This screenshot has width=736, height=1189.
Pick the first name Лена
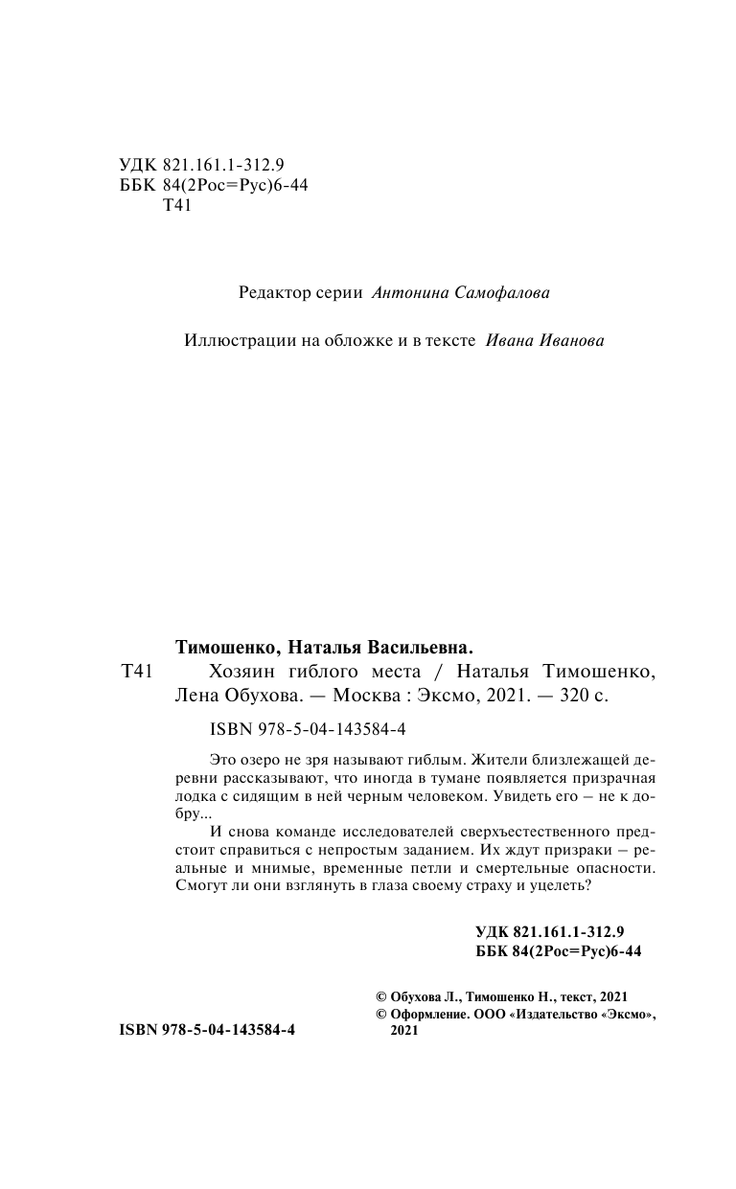tap(197, 697)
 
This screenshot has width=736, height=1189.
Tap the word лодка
tap(197, 795)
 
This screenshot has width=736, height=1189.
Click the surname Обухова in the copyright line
tap(419, 995)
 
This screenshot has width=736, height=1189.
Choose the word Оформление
tap(429, 1013)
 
